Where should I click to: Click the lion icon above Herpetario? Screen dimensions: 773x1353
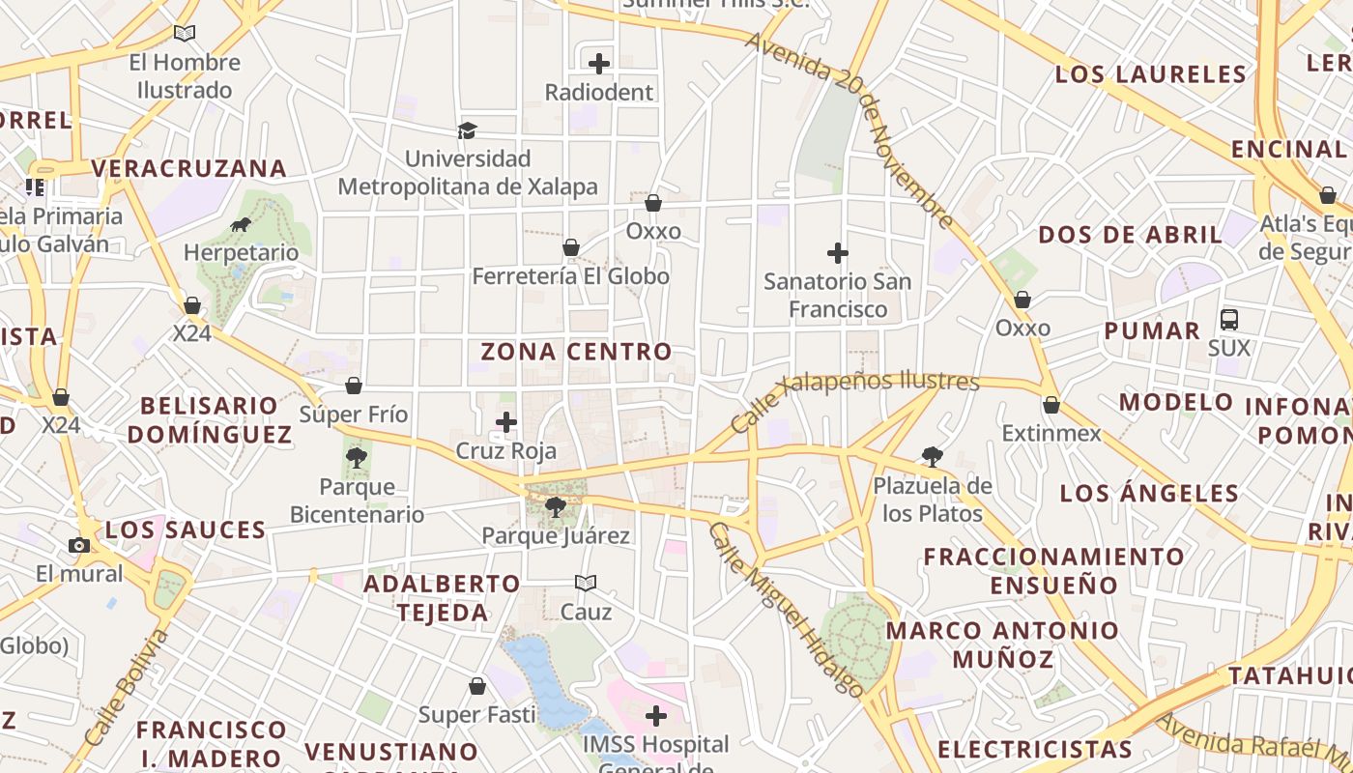click(x=241, y=225)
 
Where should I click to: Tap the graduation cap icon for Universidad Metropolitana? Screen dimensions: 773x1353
click(x=468, y=130)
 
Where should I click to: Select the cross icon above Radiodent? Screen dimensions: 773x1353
click(x=599, y=64)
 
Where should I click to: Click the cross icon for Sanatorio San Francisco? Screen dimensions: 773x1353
click(x=838, y=253)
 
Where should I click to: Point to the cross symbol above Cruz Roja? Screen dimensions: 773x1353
click(x=506, y=422)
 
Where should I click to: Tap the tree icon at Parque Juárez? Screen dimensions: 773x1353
click(x=556, y=506)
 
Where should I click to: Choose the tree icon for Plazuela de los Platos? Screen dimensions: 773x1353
click(x=933, y=456)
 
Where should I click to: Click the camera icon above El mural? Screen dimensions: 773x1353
click(x=79, y=545)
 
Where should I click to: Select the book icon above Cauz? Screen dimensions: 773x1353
click(x=586, y=583)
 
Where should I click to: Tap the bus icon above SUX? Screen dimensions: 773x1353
click(x=1229, y=319)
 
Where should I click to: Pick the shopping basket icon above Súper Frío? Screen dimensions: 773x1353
click(x=354, y=386)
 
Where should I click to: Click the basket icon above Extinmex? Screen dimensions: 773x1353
click(x=1051, y=405)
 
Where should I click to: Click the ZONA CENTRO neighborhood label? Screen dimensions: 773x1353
click(x=576, y=352)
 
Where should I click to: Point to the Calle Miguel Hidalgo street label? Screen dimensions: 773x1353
click(x=787, y=609)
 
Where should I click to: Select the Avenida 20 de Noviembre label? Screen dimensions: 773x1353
click(x=849, y=130)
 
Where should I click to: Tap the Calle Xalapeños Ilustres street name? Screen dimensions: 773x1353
click(x=854, y=399)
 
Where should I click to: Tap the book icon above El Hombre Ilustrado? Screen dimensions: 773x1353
click(x=185, y=33)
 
